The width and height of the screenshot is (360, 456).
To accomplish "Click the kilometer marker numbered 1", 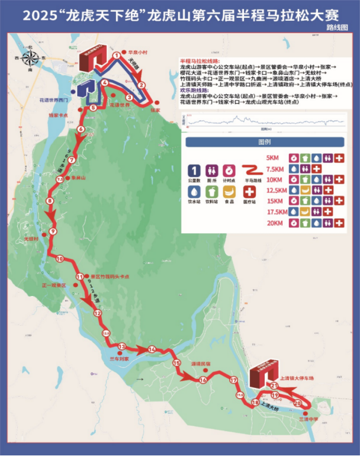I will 117,57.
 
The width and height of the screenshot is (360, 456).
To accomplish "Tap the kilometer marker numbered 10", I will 59,259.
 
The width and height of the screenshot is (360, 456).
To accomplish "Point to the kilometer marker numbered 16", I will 203,380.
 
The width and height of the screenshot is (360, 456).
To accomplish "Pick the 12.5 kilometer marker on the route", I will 107,334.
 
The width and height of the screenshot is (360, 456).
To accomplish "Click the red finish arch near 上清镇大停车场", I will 261,373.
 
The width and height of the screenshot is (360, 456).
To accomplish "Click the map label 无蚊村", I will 31,239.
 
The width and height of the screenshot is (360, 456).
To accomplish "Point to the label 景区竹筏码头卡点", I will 109,276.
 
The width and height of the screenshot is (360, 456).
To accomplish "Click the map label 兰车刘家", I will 119,359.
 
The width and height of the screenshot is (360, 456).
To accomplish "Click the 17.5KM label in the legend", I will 277,211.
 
